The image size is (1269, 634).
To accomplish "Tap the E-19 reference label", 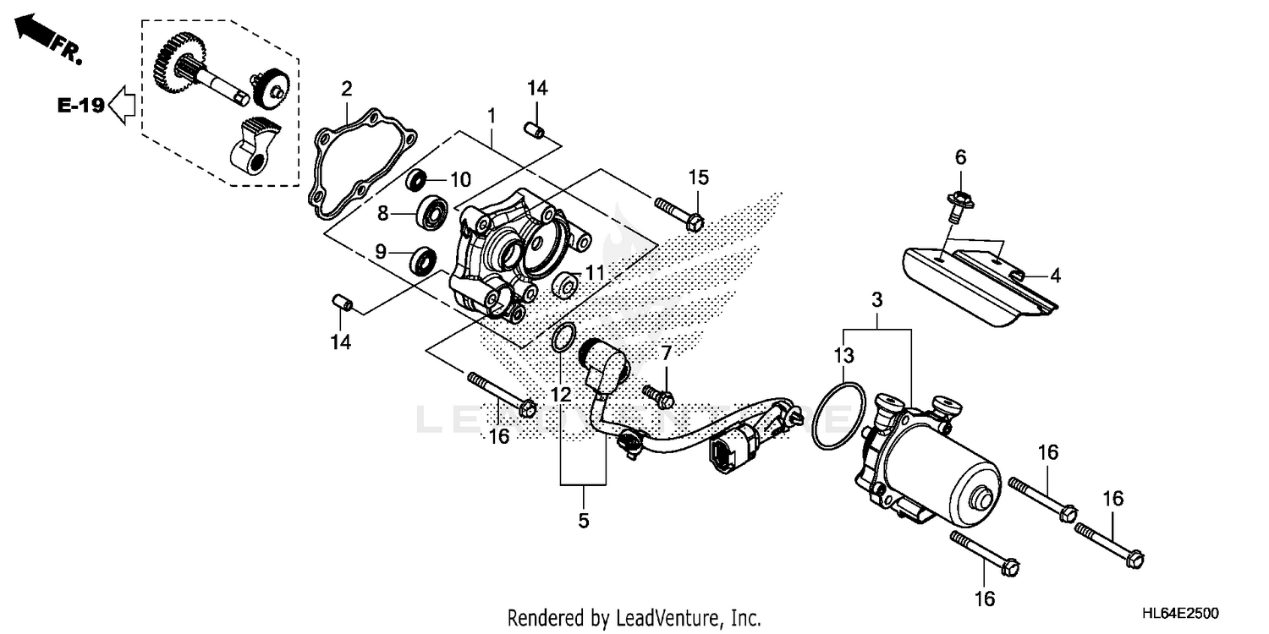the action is click(81, 106).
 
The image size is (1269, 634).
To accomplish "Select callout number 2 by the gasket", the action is click(346, 89).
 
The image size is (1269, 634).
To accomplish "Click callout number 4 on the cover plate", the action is click(1055, 276).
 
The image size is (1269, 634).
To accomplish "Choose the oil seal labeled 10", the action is click(416, 180).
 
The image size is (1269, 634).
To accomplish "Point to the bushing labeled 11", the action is click(565, 286).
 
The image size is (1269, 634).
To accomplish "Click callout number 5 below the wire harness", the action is click(583, 521).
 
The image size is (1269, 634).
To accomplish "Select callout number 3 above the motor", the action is click(876, 300).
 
